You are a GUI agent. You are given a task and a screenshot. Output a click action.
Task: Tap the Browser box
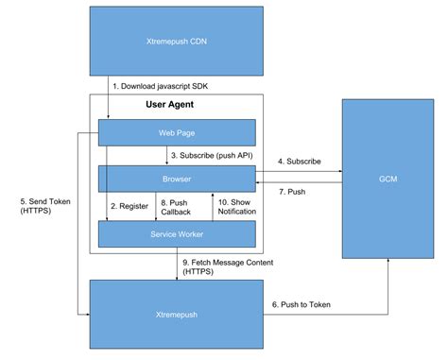coord(177,177)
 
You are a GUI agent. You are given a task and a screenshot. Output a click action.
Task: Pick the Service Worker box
coord(177,232)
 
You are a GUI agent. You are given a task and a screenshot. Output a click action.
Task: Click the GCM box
coord(386,177)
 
